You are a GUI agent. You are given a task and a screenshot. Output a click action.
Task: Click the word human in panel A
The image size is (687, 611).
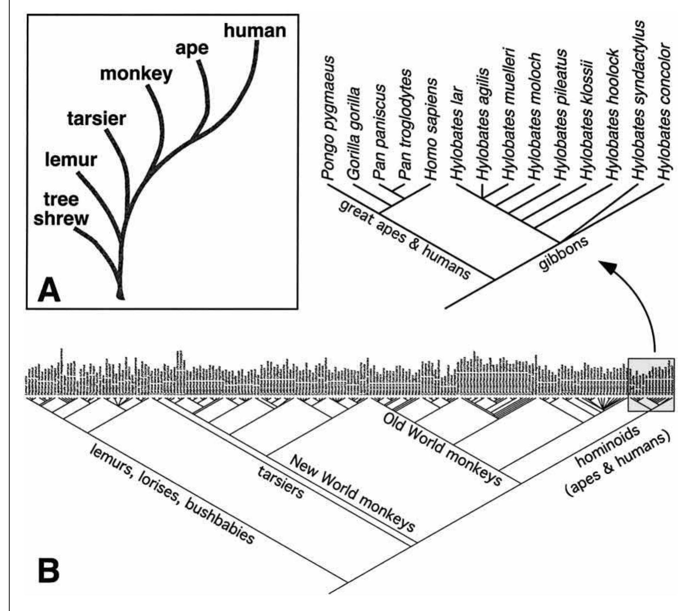(255, 31)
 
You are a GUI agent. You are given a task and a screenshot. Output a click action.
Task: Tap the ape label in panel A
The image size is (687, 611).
(192, 48)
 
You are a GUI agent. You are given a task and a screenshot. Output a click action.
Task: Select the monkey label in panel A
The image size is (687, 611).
(136, 73)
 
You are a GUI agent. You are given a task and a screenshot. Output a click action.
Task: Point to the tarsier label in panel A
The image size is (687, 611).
(97, 118)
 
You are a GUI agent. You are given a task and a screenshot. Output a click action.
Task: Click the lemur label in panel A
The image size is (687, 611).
(71, 159)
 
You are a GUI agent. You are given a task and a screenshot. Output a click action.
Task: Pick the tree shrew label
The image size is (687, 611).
(61, 209)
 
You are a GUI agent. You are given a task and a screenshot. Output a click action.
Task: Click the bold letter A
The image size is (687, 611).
(49, 291)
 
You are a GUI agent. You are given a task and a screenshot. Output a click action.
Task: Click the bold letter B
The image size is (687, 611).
(49, 571)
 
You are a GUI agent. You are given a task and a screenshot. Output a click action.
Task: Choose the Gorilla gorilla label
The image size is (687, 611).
(354, 134)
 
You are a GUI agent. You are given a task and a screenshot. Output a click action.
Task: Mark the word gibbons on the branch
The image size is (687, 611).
(563, 253)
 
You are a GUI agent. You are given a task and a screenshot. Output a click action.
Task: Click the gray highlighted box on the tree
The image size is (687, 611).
(651, 384)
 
